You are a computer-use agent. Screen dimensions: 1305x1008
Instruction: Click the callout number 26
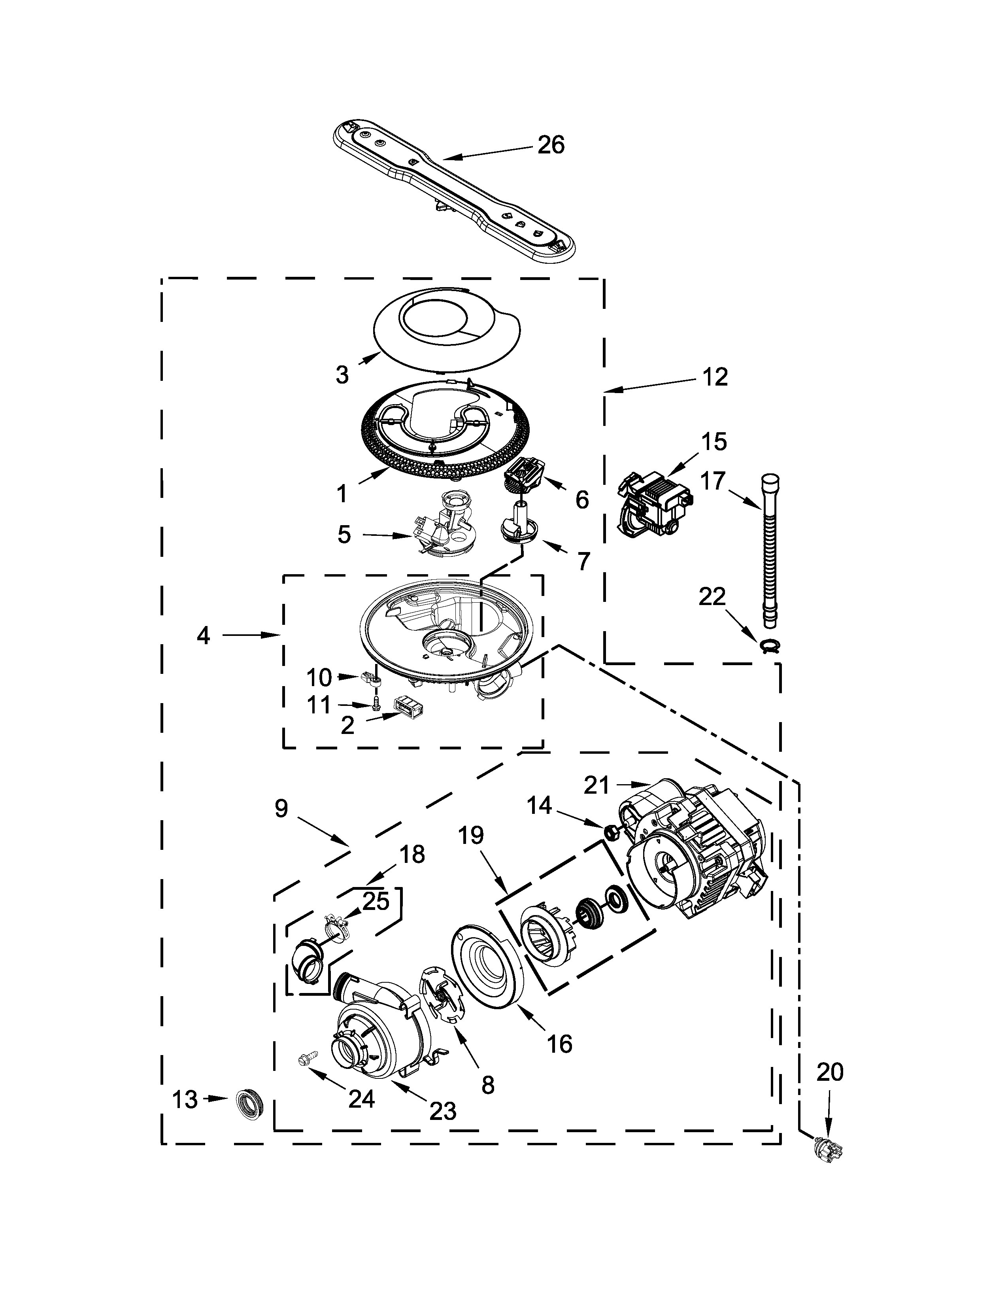coord(551,145)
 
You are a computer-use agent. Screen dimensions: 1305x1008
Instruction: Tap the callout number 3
coord(342,374)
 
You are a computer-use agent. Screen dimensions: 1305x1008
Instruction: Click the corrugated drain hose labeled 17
coord(769,550)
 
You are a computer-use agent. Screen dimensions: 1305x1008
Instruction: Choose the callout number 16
coord(559,1043)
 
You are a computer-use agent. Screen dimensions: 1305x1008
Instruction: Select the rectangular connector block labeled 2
coord(408,707)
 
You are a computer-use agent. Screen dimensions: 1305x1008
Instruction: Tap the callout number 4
coord(204,636)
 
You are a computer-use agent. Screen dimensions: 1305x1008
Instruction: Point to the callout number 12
coord(714,378)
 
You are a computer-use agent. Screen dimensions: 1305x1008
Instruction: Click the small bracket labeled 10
coord(371,678)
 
